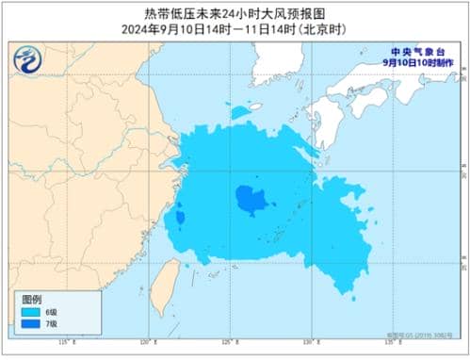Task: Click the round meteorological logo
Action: [x=29, y=61]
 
